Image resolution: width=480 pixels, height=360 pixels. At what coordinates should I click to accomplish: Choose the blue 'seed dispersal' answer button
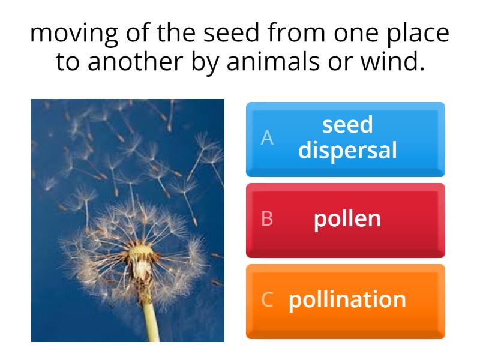(x=346, y=139)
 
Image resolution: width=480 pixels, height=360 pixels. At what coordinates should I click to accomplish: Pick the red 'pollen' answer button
(x=346, y=220)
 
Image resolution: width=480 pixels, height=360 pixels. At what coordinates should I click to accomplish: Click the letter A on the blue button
(x=267, y=138)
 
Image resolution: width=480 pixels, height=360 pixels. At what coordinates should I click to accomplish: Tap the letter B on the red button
(x=267, y=219)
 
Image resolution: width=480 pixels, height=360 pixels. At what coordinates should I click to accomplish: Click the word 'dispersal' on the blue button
(x=347, y=150)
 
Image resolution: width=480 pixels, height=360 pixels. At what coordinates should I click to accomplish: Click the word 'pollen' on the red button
(x=347, y=219)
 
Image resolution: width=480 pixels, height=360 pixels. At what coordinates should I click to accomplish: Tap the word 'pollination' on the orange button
(x=347, y=299)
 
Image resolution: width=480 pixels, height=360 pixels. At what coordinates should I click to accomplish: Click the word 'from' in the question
(x=286, y=34)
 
